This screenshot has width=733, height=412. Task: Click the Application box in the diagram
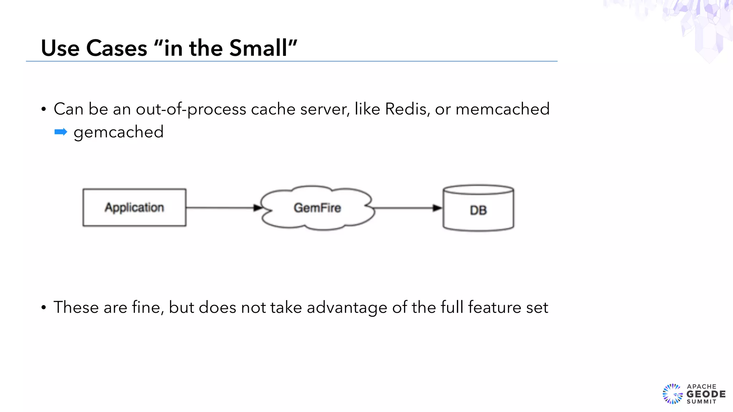point(134,207)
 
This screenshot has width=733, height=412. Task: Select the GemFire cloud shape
point(317,208)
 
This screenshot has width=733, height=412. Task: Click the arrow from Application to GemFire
point(222,207)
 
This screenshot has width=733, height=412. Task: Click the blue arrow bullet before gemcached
point(61,132)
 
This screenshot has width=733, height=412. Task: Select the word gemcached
point(118,132)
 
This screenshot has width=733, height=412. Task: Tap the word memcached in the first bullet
point(502,109)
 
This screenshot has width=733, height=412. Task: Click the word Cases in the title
point(116,48)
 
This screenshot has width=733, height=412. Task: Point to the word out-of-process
point(191,109)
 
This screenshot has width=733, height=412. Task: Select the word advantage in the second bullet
point(347,308)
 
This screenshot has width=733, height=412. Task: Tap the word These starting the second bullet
point(76,307)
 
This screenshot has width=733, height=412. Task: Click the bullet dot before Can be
point(44,109)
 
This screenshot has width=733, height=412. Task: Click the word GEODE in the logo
point(706,394)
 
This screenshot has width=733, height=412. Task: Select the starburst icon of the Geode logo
point(673,394)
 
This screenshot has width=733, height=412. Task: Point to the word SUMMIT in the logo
point(701,402)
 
